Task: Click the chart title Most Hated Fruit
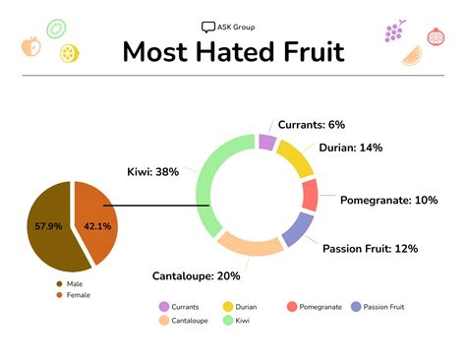pyautogui.click(x=233, y=51)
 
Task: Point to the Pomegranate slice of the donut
pyautogui.click(x=310, y=195)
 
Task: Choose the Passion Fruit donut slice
pyautogui.click(x=295, y=229)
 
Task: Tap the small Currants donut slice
pyautogui.click(x=266, y=143)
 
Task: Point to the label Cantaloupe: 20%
pyautogui.click(x=197, y=275)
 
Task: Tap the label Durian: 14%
pyautogui.click(x=350, y=148)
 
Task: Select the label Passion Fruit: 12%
pyautogui.click(x=371, y=248)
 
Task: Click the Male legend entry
pyautogui.click(x=75, y=283)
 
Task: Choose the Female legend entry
pyautogui.click(x=78, y=294)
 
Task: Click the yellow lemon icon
pyautogui.click(x=68, y=53)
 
